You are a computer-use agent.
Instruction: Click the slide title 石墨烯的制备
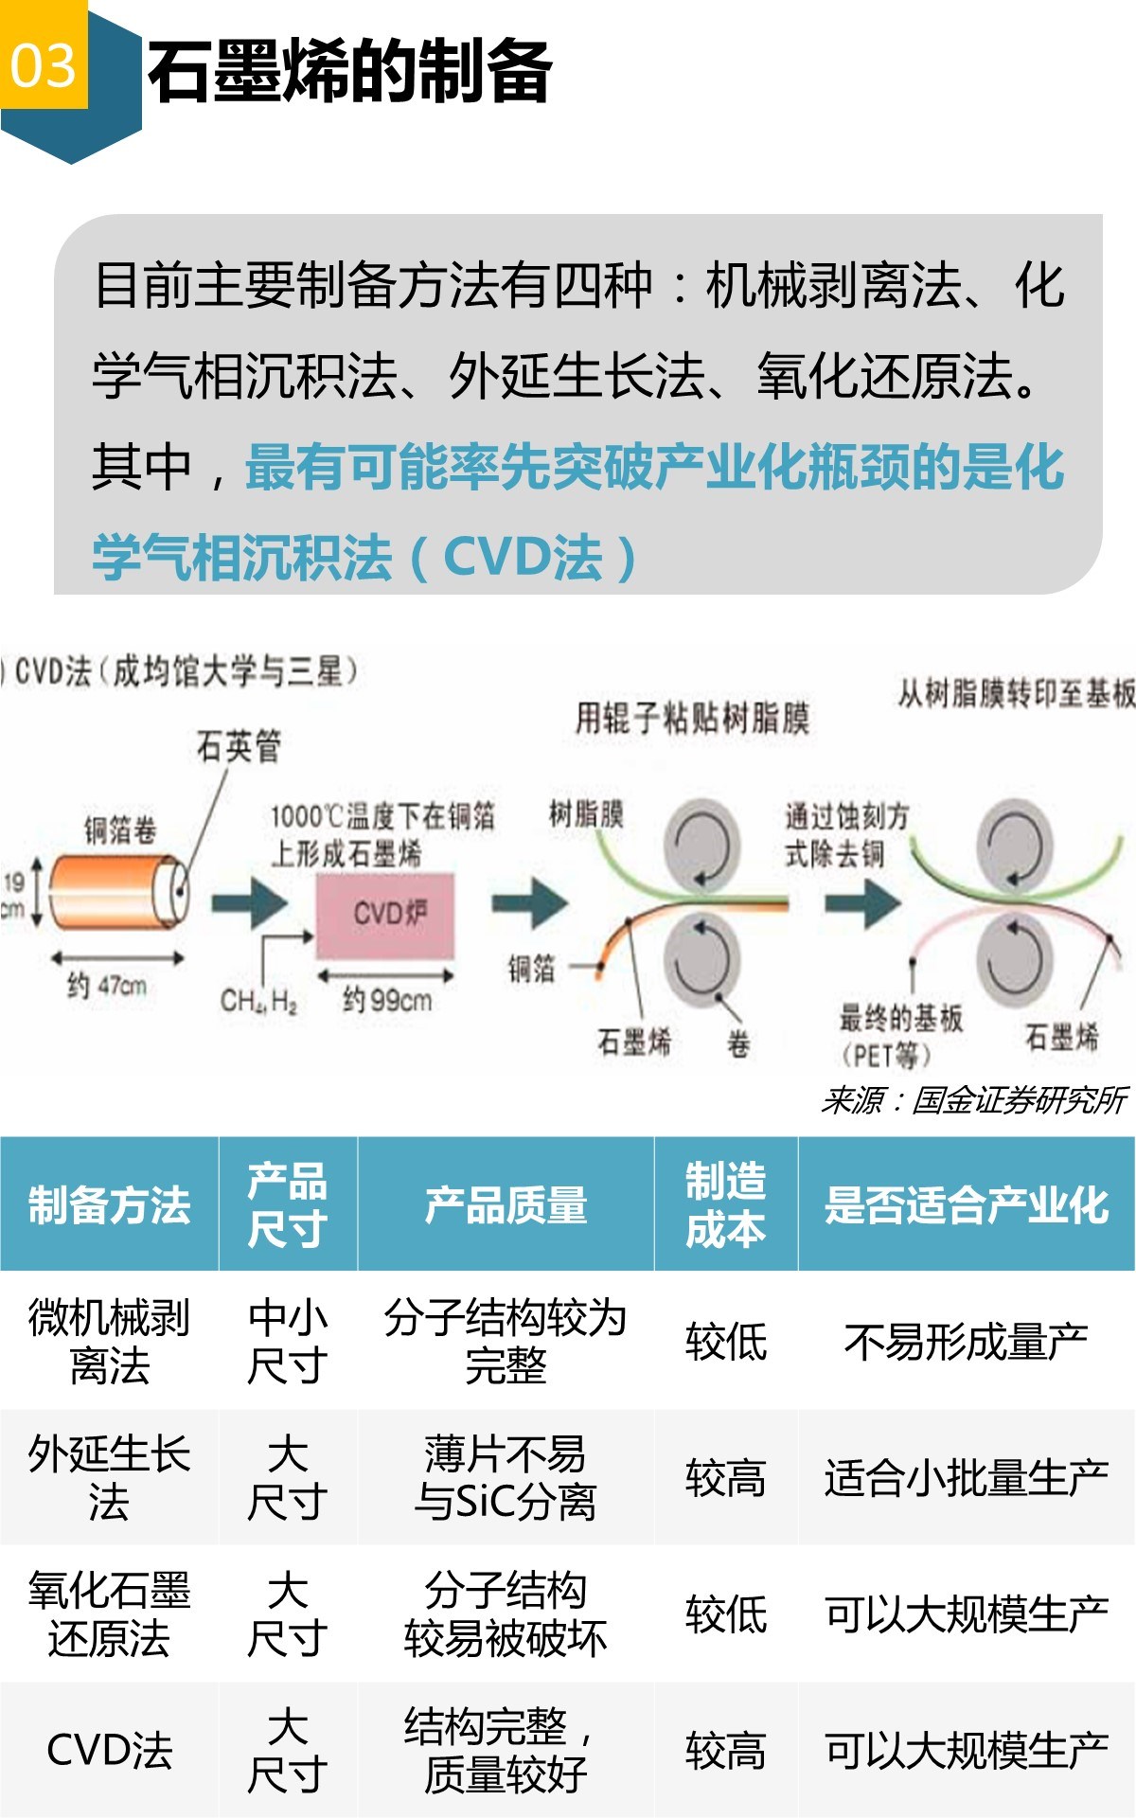click(349, 72)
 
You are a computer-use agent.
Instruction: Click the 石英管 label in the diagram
click(238, 747)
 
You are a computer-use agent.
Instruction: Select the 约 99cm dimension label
click(386, 999)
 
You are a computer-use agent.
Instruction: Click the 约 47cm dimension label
click(107, 987)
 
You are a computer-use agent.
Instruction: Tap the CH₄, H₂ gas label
click(258, 1001)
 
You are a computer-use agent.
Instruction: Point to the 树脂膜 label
click(586, 813)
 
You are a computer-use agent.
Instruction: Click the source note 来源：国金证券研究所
click(972, 1100)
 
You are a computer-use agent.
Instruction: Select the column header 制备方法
click(109, 1204)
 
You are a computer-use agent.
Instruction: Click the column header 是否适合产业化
click(966, 1204)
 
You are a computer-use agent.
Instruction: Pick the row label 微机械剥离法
click(109, 1341)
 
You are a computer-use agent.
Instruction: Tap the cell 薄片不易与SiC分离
click(506, 1477)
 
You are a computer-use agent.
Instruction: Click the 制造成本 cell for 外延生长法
click(725, 1477)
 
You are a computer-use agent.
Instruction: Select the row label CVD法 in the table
click(109, 1750)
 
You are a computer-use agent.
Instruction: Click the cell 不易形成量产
click(966, 1341)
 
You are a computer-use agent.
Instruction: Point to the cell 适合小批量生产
click(966, 1477)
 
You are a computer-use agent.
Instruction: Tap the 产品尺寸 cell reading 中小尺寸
click(288, 1341)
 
